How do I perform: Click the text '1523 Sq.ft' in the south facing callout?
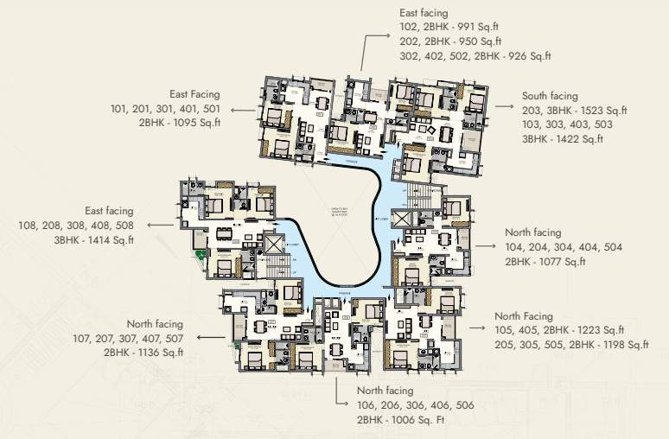[x=602, y=111]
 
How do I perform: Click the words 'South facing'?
[x=550, y=96]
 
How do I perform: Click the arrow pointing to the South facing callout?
[x=502, y=105]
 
